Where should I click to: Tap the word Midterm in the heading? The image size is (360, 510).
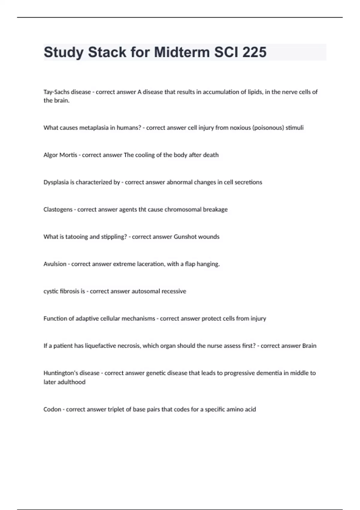(x=181, y=52)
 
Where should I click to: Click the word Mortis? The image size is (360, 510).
(x=68, y=155)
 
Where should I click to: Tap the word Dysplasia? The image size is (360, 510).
(x=56, y=182)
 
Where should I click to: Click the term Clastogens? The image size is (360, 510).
(x=58, y=210)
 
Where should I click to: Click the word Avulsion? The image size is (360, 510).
(x=55, y=264)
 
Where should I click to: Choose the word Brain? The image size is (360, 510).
(x=309, y=346)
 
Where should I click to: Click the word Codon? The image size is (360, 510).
(x=52, y=409)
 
